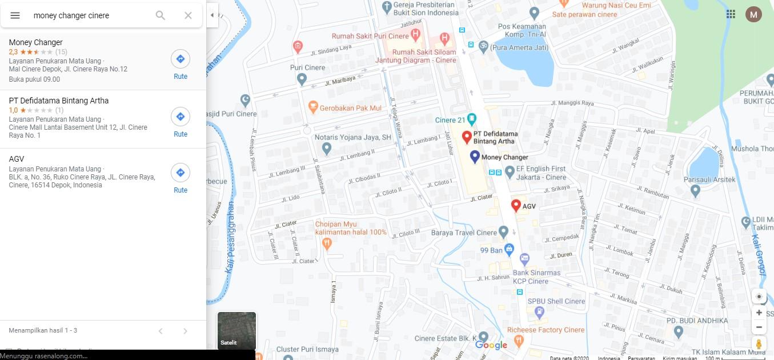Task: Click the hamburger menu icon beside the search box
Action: (15, 15)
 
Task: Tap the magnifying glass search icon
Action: (161, 15)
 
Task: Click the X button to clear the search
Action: (188, 15)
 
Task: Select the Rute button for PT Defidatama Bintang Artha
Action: (181, 117)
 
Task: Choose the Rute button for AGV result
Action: (181, 173)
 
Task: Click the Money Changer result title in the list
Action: (35, 42)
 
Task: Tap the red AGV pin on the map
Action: (516, 205)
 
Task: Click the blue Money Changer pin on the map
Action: (475, 156)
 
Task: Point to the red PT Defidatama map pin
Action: (467, 137)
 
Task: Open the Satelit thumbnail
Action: (236, 330)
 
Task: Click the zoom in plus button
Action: (759, 313)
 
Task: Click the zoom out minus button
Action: (759, 327)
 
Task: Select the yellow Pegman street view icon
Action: (759, 343)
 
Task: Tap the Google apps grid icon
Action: (731, 14)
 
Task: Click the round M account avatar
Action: (753, 14)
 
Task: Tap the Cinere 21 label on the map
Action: (450, 120)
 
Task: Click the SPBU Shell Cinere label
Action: (556, 301)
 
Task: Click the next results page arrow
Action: (185, 331)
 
